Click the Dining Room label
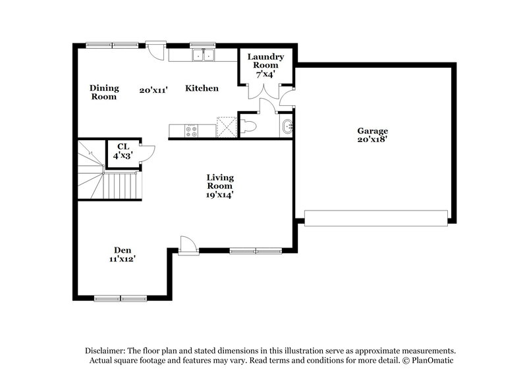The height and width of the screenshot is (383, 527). (104, 92)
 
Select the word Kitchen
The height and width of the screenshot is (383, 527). (202, 88)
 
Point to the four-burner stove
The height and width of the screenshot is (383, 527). (192, 130)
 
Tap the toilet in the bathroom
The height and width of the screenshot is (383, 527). (248, 128)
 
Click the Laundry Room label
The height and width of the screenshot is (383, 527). (265, 61)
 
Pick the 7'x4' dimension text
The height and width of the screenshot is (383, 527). (265, 74)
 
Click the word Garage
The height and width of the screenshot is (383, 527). (372, 131)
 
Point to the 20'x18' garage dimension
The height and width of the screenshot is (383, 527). (372, 140)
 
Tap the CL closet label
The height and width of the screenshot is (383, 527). (123, 147)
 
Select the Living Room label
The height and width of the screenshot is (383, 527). (220, 182)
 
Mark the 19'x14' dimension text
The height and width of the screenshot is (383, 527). (220, 194)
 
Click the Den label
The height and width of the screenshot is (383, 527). (122, 250)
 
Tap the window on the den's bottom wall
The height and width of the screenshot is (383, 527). (121, 298)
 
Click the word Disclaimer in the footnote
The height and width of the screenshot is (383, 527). (108, 351)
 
